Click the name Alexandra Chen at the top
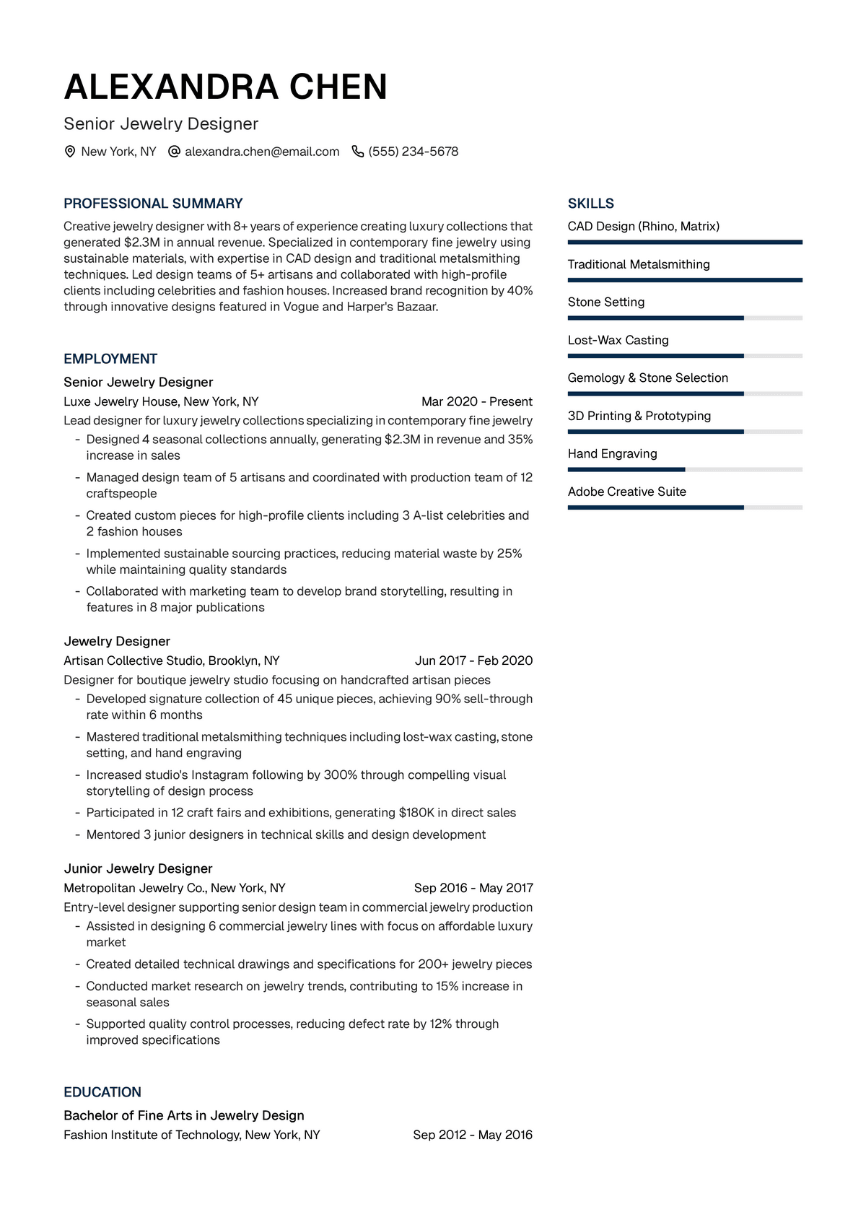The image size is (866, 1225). click(225, 87)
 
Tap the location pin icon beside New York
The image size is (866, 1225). click(70, 152)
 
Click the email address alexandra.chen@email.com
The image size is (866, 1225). click(262, 152)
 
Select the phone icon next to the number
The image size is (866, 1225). click(357, 152)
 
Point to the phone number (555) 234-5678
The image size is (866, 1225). click(414, 152)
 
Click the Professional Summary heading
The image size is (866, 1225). click(153, 204)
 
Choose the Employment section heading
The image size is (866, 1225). click(110, 359)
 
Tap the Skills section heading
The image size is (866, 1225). click(590, 204)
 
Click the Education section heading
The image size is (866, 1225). click(102, 1092)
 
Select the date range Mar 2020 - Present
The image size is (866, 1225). click(477, 401)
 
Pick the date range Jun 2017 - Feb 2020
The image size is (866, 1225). click(473, 661)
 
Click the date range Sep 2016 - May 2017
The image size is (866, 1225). click(473, 888)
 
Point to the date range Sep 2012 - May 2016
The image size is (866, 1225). click(473, 1135)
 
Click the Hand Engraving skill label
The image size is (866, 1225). click(612, 453)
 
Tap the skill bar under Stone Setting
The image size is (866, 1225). click(684, 318)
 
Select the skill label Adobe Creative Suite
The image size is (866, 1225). click(626, 492)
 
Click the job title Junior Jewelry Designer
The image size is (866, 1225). click(138, 868)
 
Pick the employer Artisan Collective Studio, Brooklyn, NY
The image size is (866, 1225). click(172, 661)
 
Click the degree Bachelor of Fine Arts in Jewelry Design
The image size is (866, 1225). click(184, 1115)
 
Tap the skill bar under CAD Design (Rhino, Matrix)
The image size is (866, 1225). click(684, 243)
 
